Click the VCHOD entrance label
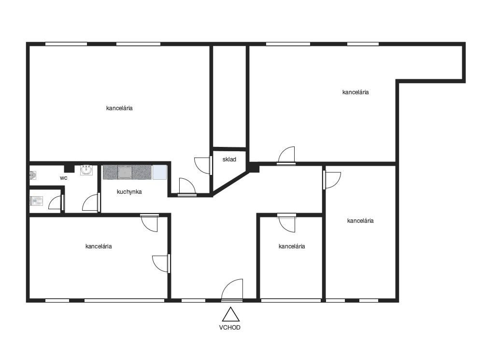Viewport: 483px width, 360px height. coord(229,327)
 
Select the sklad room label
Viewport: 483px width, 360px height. coord(229,159)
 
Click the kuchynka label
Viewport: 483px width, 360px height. coord(129,192)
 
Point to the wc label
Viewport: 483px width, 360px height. coord(63,178)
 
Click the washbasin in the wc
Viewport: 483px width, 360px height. coord(86,170)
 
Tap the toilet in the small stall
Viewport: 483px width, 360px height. coord(36,202)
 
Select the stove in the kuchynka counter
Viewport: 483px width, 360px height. coord(125,173)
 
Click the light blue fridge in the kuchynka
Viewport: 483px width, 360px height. coord(159,173)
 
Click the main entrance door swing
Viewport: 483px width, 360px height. coord(232,289)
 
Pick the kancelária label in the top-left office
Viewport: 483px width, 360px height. coord(119,108)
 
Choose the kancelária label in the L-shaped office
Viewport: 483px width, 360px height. coord(355,92)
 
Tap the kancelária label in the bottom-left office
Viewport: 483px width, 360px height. coord(99,246)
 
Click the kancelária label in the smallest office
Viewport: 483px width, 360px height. coord(292,246)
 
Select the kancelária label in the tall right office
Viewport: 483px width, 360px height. coord(360,221)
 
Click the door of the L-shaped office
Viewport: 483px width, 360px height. coord(286,156)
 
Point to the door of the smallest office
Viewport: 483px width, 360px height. coord(286,223)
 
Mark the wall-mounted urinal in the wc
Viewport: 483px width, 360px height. coord(33,175)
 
